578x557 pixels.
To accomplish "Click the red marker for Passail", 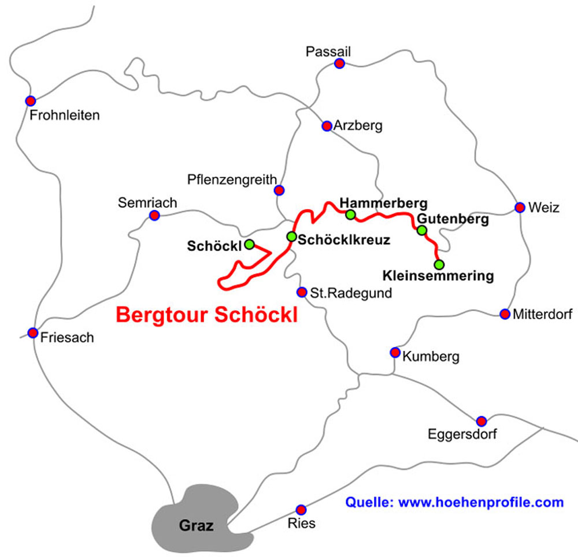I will (x=340, y=63).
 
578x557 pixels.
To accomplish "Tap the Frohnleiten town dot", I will (x=31, y=100).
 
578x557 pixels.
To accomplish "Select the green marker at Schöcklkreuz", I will (x=292, y=237).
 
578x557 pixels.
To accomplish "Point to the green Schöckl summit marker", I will (x=249, y=244).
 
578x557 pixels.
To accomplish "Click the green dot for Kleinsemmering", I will (x=439, y=265).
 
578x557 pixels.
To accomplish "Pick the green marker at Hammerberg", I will (x=350, y=215).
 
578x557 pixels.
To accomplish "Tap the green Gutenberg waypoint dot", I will (x=422, y=230).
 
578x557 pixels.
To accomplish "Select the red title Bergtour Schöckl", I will (x=207, y=315).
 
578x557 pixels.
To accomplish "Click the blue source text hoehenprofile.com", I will (x=454, y=502).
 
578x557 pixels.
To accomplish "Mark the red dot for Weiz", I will (x=520, y=207).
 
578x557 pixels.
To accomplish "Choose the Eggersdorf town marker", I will (x=481, y=421).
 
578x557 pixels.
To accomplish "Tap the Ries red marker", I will (x=301, y=510).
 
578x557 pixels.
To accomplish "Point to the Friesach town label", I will (x=66, y=338).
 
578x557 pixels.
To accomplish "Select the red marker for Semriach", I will (x=154, y=215).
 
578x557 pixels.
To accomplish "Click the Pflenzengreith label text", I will (x=232, y=180).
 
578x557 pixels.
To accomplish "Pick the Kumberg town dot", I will (x=395, y=352).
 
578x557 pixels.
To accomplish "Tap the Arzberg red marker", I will (x=327, y=126).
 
